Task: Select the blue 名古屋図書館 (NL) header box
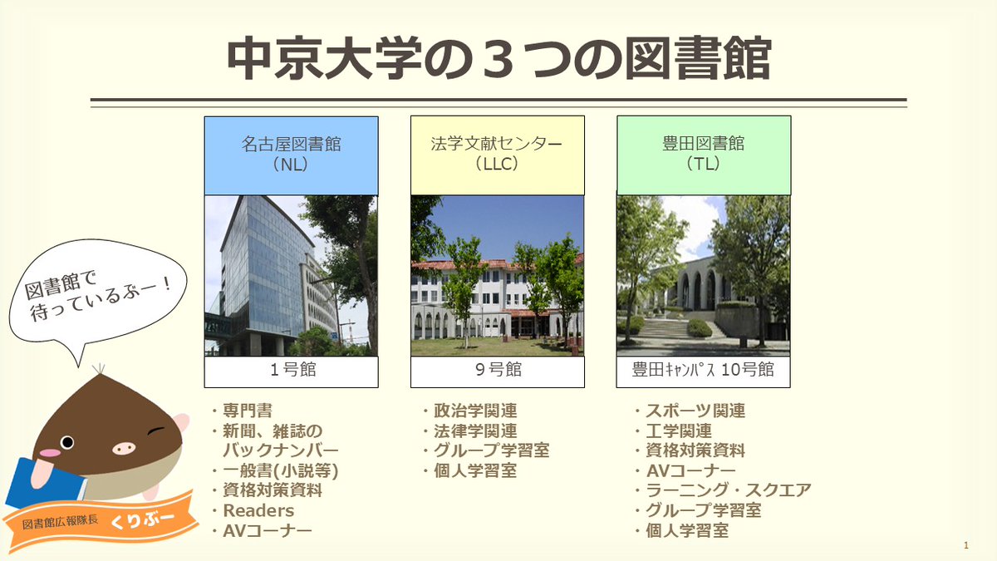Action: (x=291, y=155)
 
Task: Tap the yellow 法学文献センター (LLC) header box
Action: (x=497, y=155)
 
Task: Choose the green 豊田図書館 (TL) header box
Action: (x=703, y=155)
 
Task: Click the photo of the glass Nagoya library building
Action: (x=291, y=275)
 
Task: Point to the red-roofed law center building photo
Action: (x=497, y=275)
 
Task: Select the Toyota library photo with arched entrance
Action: (x=703, y=275)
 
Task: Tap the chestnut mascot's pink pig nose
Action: (x=123, y=448)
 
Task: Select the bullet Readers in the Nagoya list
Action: (x=258, y=510)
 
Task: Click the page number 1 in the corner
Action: (x=966, y=545)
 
